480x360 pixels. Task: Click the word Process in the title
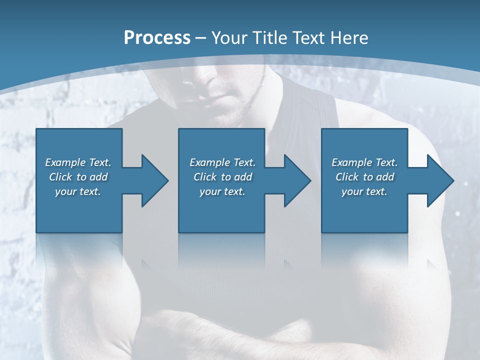tap(157, 38)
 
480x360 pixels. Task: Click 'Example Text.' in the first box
tap(78, 162)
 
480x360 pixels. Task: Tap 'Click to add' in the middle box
tap(222, 177)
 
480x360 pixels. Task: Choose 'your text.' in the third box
tap(364, 191)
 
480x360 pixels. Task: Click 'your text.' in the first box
tap(78, 191)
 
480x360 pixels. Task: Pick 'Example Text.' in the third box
tap(364, 162)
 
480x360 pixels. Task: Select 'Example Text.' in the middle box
tap(222, 162)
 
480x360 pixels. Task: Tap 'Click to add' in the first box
tap(78, 177)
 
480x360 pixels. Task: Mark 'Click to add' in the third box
tap(364, 177)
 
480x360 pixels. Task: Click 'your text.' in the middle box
tap(222, 191)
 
